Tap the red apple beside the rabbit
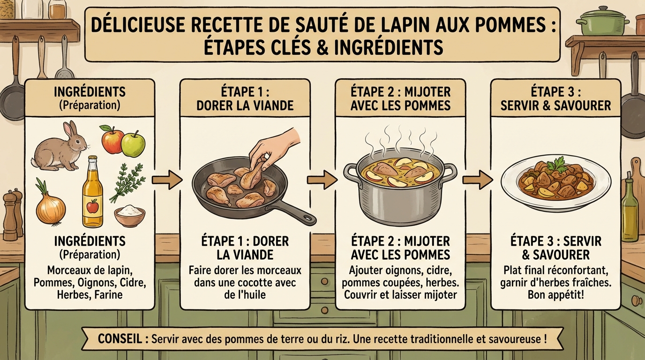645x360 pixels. click(112, 140)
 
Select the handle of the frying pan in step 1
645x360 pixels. click(295, 211)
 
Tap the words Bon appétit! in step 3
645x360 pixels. click(555, 295)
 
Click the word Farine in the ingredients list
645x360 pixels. click(109, 295)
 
